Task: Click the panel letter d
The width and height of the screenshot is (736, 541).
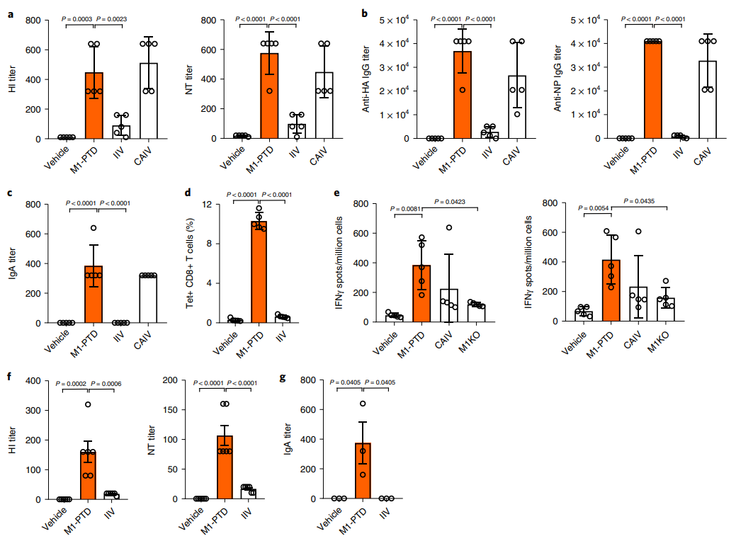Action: (188, 193)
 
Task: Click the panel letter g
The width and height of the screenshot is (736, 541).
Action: (283, 377)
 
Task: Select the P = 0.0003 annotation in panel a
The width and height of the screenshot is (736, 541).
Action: (77, 19)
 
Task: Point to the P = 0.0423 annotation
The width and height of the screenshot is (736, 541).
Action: (450, 201)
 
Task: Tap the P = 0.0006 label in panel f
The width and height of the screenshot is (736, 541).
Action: (106, 383)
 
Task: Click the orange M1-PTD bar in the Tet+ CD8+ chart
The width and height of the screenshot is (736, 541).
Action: (259, 272)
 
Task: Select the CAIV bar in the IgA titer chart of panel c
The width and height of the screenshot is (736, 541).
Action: (148, 299)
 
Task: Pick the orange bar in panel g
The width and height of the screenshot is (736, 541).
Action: (363, 471)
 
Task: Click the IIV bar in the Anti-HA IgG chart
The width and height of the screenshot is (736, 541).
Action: (489, 135)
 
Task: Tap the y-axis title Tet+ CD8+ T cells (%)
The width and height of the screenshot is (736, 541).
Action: (190, 263)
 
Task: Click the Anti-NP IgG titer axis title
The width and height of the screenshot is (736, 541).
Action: (557, 79)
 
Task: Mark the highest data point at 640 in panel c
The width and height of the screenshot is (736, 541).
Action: (94, 228)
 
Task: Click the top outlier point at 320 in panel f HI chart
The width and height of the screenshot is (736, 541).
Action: (88, 404)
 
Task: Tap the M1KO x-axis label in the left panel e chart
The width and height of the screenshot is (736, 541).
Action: (470, 341)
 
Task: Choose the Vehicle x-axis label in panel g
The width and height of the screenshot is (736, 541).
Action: (329, 520)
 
